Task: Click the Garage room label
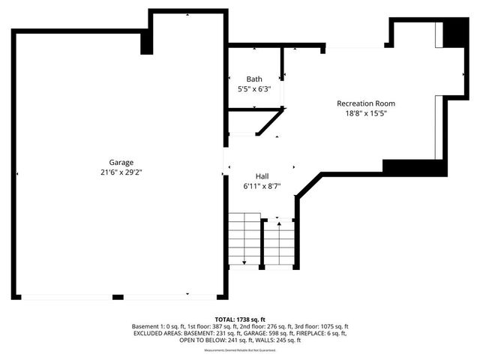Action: point(120,162)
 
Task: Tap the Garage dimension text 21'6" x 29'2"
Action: point(120,172)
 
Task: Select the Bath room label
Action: point(254,79)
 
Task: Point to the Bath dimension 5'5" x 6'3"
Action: point(254,88)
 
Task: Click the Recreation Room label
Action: point(366,103)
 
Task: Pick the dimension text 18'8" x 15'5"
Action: point(366,113)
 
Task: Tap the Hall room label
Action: point(262,175)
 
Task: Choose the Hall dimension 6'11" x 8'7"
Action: point(262,185)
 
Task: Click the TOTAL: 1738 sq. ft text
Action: point(240,319)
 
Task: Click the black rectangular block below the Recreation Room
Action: point(409,166)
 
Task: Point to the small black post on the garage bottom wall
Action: point(118,298)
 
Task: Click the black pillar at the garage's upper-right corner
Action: point(147,43)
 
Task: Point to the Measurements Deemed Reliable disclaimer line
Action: point(240,349)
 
